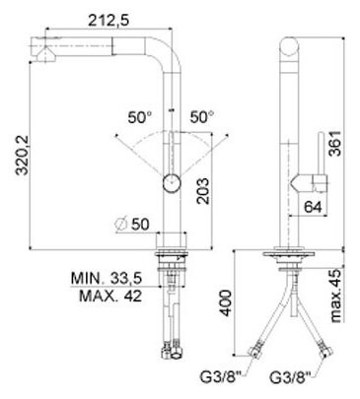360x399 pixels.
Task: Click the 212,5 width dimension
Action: tap(108, 21)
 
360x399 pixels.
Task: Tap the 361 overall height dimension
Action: tap(335, 144)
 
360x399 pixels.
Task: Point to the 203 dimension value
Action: tap(203, 191)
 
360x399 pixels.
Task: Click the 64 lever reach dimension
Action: tap(313, 207)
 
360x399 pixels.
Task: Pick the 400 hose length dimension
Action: tap(226, 302)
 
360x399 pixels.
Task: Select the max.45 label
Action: tap(335, 296)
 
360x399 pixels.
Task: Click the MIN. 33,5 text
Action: tap(107, 279)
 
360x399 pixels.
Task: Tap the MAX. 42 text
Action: tap(110, 297)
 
